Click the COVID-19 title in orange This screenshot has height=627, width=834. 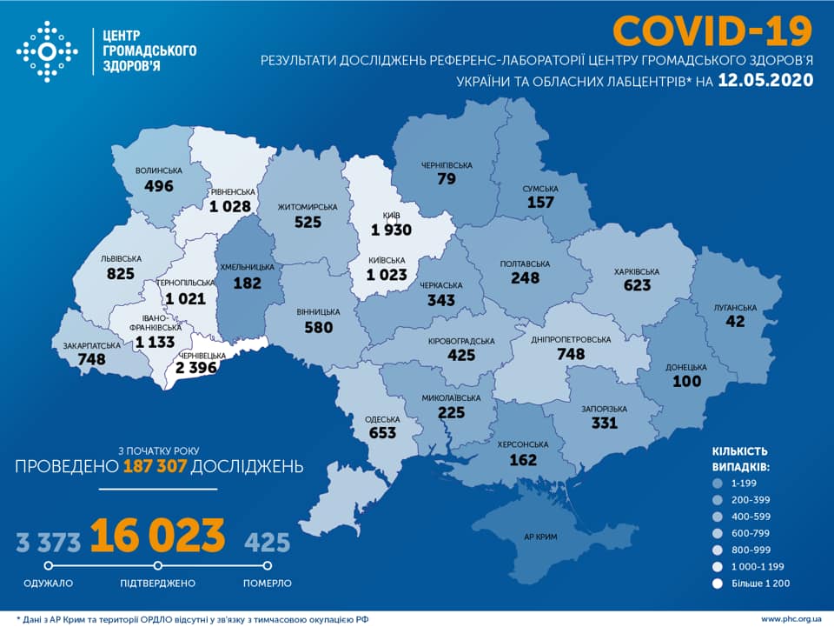[x=712, y=30]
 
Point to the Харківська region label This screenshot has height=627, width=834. [x=636, y=272]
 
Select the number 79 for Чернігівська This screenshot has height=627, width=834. [x=448, y=179]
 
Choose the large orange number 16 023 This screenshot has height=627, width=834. [x=157, y=537]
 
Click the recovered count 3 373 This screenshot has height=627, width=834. [x=49, y=543]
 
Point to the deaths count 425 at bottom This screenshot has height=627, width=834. [x=267, y=543]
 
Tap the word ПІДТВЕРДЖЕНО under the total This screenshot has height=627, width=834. [x=158, y=584]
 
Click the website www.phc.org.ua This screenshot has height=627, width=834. [x=791, y=618]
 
